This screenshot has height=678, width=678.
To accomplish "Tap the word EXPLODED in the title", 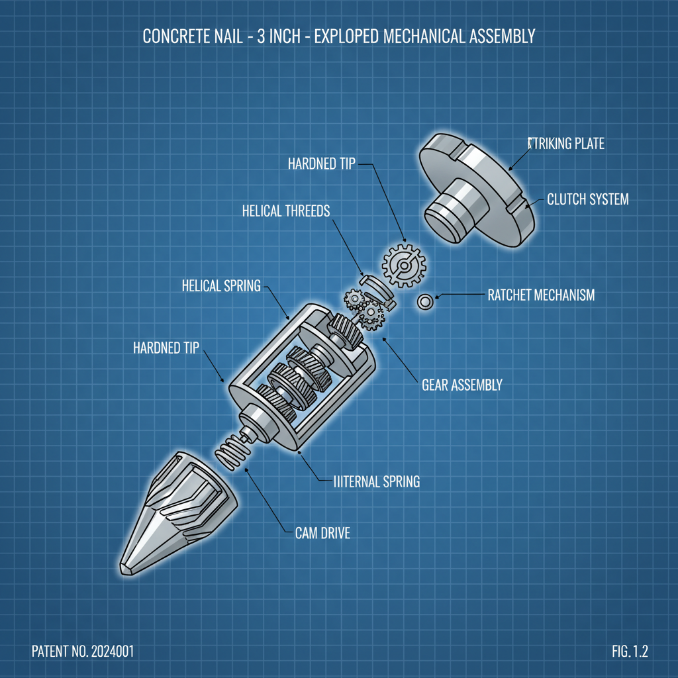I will [x=350, y=36].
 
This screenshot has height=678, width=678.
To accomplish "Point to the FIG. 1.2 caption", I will [x=630, y=652].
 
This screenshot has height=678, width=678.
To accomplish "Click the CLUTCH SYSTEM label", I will [x=588, y=199].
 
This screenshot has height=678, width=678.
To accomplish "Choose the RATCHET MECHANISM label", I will [x=541, y=295].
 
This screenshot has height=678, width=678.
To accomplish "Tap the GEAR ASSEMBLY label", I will [x=462, y=385].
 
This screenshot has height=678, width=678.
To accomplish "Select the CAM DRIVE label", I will [x=322, y=532].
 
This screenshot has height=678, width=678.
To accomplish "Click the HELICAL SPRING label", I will [x=221, y=286].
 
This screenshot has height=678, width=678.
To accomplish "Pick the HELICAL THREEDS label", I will [x=286, y=211].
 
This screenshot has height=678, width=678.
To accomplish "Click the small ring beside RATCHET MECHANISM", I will [x=425, y=303].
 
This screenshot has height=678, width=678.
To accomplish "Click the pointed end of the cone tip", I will [x=126, y=568].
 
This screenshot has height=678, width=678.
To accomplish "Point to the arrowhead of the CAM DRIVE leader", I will [x=247, y=469].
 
